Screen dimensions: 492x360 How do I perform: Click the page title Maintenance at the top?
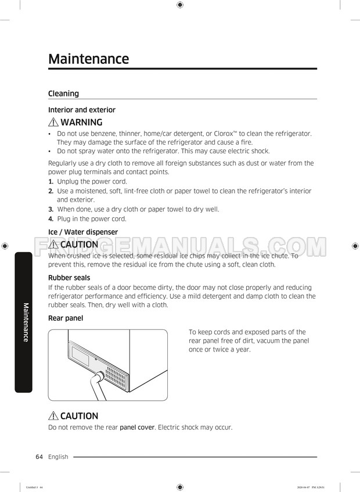[x=88, y=59]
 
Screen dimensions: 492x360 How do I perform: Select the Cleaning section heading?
[x=63, y=94]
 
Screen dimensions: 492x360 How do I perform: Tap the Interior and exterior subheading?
[x=81, y=110]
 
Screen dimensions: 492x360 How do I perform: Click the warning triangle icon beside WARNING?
[x=53, y=123]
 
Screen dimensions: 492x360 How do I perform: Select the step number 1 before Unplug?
[x=51, y=182]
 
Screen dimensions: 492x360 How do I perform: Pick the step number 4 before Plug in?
[x=51, y=219]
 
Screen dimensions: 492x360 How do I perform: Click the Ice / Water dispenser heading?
[x=82, y=232]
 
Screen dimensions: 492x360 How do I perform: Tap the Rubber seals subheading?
[x=69, y=278]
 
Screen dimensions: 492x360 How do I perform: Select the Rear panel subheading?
[x=66, y=318]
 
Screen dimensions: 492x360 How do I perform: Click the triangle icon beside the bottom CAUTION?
[x=53, y=416]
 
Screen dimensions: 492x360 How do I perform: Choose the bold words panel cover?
[x=137, y=428]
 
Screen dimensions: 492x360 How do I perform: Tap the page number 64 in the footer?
[x=39, y=457]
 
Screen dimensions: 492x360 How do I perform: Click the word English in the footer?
[x=58, y=457]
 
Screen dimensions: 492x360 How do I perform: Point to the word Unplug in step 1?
[x=69, y=182]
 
